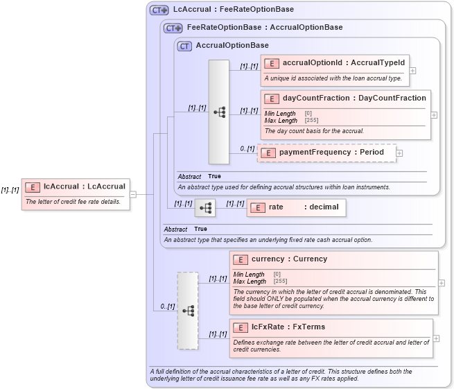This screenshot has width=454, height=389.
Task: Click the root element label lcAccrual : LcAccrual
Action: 84,187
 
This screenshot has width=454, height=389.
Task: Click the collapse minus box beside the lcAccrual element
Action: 132,194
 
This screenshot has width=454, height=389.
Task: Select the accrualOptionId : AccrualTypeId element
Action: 343,63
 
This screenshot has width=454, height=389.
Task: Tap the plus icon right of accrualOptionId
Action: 412,70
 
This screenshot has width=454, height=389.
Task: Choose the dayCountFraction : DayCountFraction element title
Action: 354,98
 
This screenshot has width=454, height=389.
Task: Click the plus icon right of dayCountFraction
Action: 435,115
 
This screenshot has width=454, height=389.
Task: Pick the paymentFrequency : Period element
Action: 331,153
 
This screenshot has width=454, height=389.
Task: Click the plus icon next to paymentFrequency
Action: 399,153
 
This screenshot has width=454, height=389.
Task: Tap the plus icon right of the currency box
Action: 442,283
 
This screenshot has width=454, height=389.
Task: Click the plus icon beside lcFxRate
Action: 436,338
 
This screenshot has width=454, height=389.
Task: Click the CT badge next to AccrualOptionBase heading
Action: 184,46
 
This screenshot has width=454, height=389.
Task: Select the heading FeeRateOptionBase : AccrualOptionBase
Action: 265,28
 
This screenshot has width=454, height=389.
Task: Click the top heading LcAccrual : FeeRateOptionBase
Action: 233,10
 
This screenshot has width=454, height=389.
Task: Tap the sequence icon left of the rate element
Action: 205,207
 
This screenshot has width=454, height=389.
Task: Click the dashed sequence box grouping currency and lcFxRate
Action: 187,311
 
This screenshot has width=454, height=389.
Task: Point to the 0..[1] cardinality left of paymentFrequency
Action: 247,148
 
